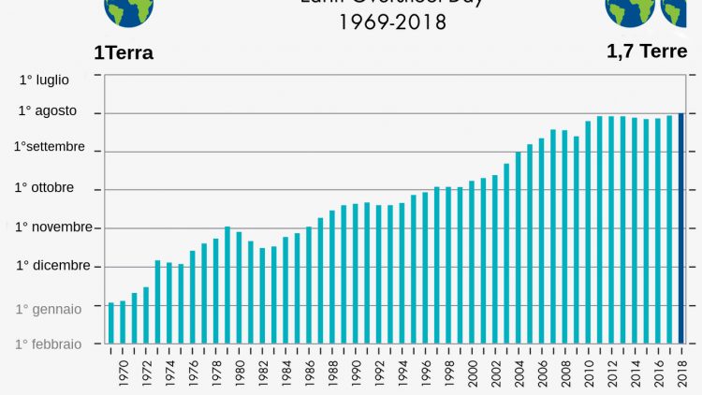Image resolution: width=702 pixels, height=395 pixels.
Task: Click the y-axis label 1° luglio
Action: [44, 80]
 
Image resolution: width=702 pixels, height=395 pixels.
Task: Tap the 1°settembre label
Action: [49, 147]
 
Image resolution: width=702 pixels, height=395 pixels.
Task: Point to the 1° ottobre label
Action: [44, 187]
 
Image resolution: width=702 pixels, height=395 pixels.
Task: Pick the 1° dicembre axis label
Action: [52, 265]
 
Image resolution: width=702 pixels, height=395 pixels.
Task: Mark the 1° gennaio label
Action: [49, 308]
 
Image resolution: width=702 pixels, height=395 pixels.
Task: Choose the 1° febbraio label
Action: [48, 344]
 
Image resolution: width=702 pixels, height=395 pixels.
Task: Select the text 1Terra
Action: [124, 52]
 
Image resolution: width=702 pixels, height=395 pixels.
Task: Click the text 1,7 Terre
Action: [647, 51]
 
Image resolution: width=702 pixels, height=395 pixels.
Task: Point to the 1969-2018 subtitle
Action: [392, 22]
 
